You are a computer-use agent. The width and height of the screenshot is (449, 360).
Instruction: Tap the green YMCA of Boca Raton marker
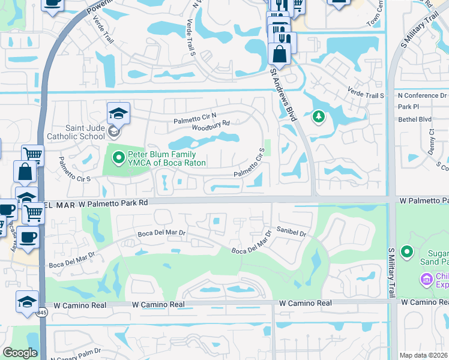click(118, 158)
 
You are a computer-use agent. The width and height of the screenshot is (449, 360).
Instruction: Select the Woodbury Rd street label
click(211, 124)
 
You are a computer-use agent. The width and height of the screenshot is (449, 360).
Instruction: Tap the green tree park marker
click(318, 117)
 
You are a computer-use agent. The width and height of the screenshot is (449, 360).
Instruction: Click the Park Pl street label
click(406, 107)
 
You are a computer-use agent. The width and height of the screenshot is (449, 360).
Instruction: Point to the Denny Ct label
click(432, 141)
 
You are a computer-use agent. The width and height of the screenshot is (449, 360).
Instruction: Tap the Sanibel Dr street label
click(292, 230)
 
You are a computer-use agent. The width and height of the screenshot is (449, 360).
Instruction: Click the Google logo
click(20, 353)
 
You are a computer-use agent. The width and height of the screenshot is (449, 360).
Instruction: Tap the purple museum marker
click(426, 278)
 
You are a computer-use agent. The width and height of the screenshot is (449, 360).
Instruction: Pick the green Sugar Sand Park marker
click(408, 251)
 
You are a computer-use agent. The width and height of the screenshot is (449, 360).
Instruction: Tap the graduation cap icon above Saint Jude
click(118, 113)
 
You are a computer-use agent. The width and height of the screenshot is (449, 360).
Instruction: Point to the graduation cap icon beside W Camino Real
click(28, 301)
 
